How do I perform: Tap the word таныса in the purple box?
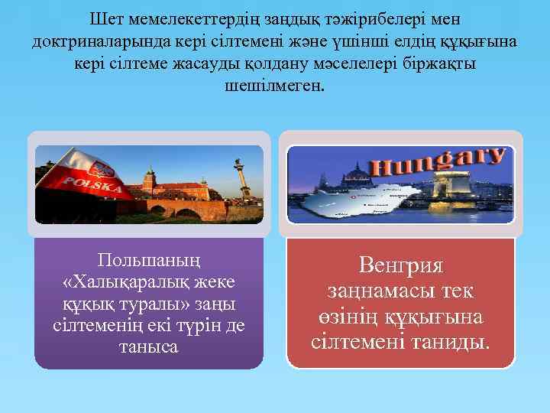click(149, 346)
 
